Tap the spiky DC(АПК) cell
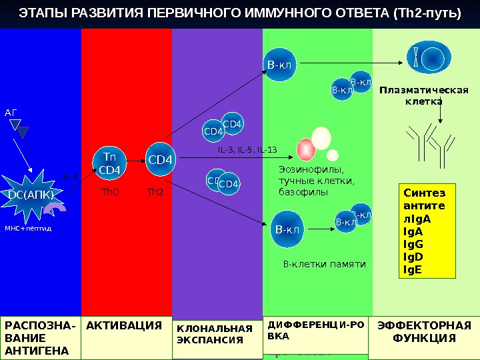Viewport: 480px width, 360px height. point(31,193)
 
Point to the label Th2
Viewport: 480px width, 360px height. point(155,192)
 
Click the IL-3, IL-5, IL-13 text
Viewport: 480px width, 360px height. point(247,150)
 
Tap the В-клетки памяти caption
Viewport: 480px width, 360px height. point(325,264)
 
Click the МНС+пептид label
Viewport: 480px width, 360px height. point(28,228)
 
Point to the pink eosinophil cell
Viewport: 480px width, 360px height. point(306,149)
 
